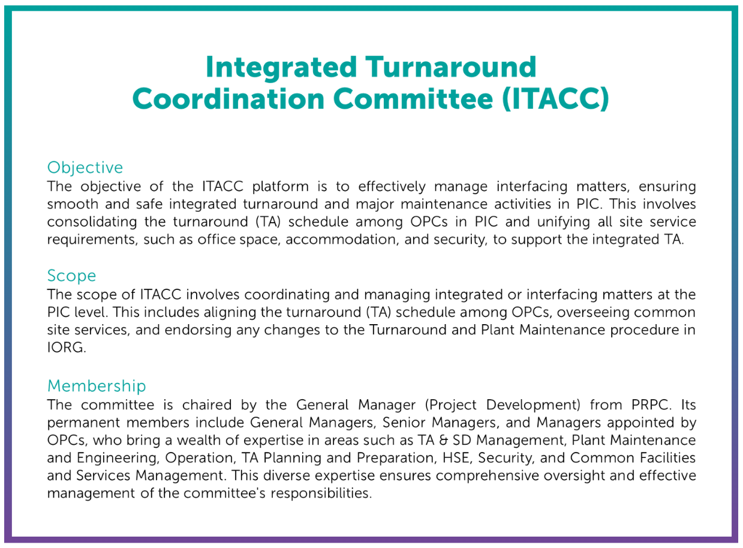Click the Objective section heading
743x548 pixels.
[x=85, y=167]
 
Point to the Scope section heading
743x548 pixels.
[x=71, y=276]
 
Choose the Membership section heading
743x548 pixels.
[x=96, y=385]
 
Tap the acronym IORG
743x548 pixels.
[x=66, y=348]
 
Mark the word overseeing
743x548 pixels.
[x=579, y=312]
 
